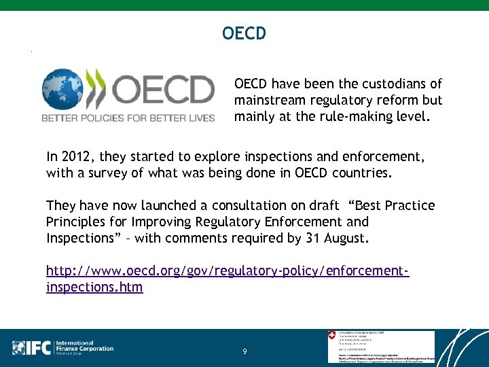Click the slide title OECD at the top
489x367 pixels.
point(244,33)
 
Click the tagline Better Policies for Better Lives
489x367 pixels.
point(128,118)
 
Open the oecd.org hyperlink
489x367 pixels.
point(227,271)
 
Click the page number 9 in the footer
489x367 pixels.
point(244,351)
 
